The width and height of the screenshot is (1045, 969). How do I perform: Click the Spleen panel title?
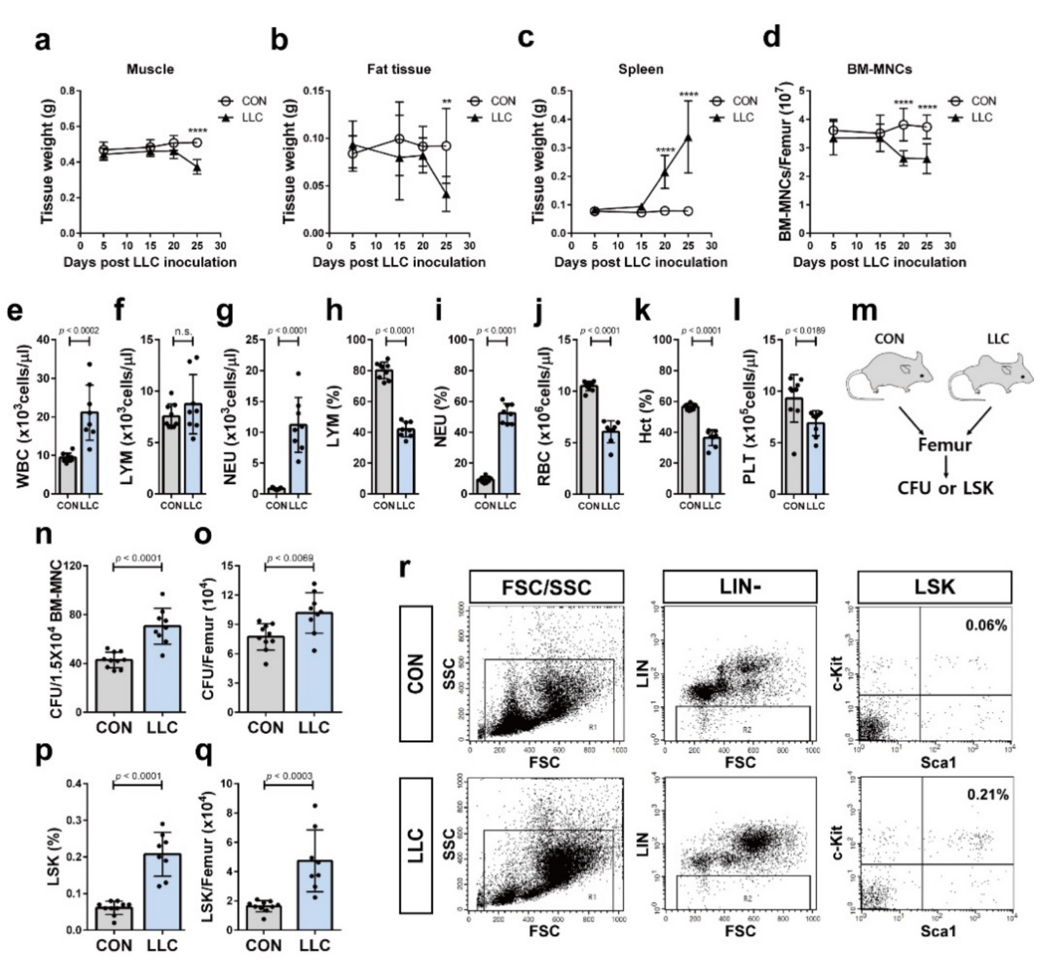tap(640, 69)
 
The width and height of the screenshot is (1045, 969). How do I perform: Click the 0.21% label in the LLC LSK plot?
tap(987, 795)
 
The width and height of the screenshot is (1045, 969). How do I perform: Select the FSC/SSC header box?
tap(547, 587)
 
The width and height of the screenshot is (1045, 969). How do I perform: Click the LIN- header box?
tap(740, 587)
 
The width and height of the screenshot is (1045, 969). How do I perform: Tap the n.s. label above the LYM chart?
tap(183, 332)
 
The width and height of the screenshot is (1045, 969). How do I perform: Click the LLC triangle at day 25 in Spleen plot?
tap(688, 137)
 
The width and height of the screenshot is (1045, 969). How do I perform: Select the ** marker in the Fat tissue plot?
tap(447, 102)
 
